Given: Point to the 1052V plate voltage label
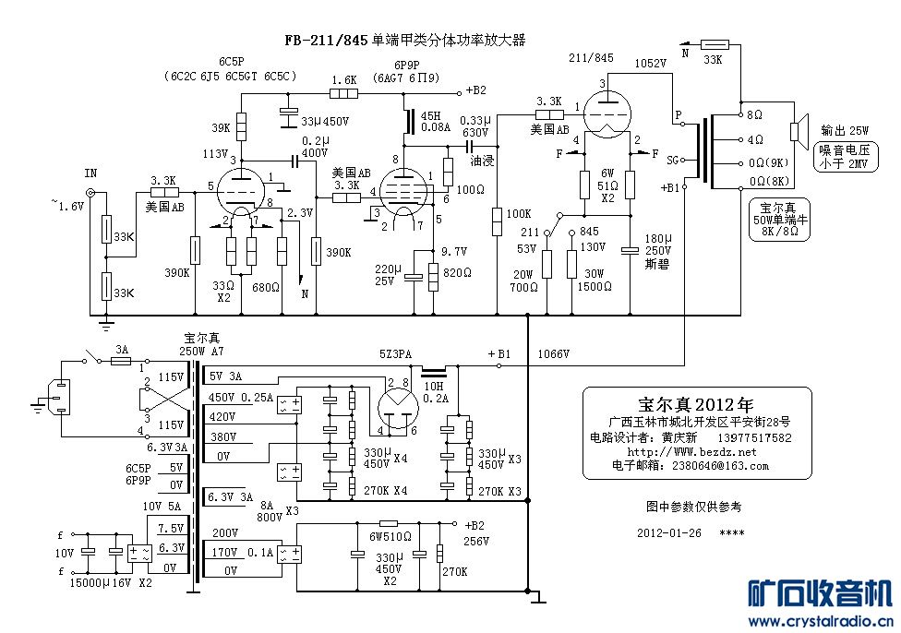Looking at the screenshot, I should click(650, 64).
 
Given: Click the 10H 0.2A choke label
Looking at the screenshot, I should click(434, 392).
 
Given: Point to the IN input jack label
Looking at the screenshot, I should click(90, 173).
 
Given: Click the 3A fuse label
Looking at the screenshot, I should click(122, 350).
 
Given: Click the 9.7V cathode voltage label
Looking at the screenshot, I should click(454, 251).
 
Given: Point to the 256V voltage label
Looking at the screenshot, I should click(475, 541).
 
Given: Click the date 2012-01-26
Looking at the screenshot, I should click(669, 533).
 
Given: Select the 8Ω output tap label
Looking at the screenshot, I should click(755, 115).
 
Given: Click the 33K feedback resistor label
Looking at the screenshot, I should click(712, 60).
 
